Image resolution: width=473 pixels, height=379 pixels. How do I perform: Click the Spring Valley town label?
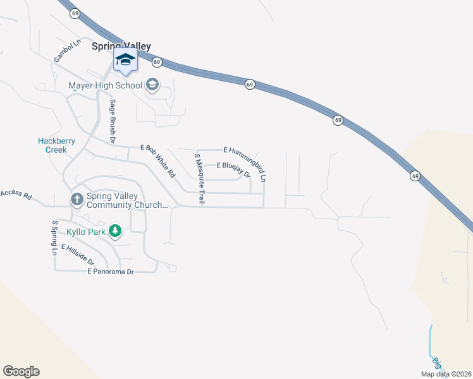click(121, 46)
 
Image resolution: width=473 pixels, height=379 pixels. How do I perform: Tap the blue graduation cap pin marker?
click(125, 61)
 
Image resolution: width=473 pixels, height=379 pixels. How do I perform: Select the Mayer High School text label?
click(105, 85)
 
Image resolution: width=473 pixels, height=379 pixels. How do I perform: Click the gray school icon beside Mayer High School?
click(152, 84)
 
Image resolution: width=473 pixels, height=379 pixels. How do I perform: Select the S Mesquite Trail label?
click(199, 178)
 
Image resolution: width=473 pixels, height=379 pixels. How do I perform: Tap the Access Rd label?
click(16, 195)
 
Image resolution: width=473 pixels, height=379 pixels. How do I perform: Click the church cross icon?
click(77, 200)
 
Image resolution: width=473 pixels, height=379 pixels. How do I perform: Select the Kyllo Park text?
click(85, 231)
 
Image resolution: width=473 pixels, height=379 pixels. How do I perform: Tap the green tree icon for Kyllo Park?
click(114, 231)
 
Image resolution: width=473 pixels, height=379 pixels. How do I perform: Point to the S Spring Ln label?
click(55, 238)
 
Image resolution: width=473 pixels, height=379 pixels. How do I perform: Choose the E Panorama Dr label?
click(111, 272)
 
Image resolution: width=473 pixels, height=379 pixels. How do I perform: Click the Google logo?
click(21, 371)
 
